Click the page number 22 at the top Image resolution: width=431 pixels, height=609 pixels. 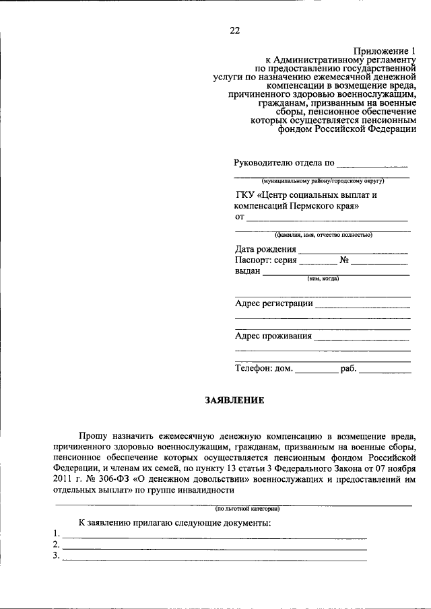[x=234, y=30]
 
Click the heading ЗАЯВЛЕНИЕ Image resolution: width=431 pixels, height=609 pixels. [x=234, y=400]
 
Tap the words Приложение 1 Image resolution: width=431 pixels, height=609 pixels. [x=385, y=51]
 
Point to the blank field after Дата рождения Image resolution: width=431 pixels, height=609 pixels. [x=353, y=250]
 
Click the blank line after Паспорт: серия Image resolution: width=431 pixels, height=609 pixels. [x=318, y=261]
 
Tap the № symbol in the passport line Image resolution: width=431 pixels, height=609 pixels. [x=344, y=260]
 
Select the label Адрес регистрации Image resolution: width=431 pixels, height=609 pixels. [x=273, y=303]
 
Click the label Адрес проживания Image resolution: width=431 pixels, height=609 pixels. [x=273, y=336]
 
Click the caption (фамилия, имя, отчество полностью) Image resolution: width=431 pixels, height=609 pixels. [x=323, y=235]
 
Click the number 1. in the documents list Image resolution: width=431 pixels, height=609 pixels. [x=57, y=534]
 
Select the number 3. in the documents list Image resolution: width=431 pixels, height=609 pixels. [x=57, y=557]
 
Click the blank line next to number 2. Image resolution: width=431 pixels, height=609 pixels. [x=214, y=546]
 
